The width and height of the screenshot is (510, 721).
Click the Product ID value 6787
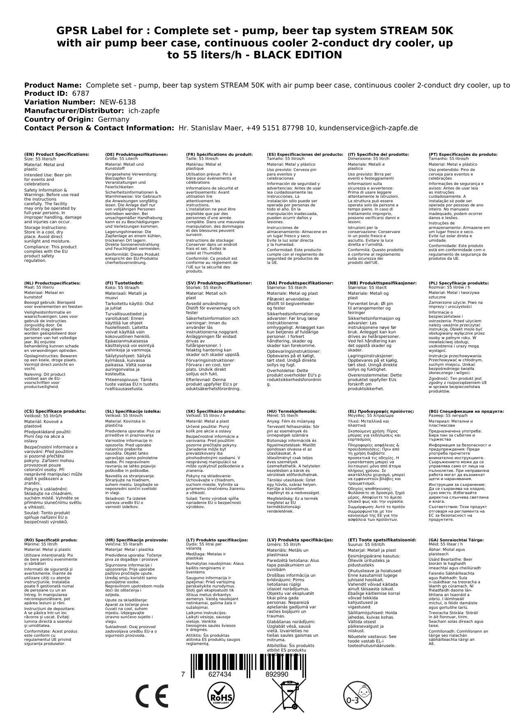click(81, 93)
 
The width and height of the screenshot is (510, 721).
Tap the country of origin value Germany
click(113, 119)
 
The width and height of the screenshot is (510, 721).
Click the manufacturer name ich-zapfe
click(144, 111)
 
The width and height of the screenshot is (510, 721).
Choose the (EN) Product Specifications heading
click(57, 155)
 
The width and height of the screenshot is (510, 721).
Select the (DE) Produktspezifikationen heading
click(136, 155)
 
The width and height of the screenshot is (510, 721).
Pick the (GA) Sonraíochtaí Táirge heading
click(456, 540)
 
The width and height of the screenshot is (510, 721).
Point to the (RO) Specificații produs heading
click(51, 540)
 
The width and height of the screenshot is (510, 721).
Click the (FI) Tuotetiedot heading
click(124, 283)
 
